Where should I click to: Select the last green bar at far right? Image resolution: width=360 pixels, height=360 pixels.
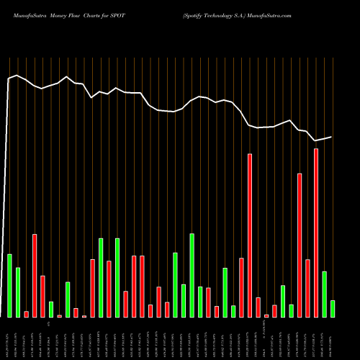pyautogui.click(x=333, y=309)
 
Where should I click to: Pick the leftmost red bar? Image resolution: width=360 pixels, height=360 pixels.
pyautogui.click(x=26, y=314)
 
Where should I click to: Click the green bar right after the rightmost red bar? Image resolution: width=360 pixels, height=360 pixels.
pyautogui.click(x=325, y=294)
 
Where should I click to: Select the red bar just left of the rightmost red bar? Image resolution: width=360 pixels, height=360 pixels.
pyautogui.click(x=308, y=288)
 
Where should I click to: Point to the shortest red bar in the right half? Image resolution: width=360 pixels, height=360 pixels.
pyautogui.click(x=266, y=315)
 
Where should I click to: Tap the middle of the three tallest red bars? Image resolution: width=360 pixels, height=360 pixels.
pyautogui.click(x=300, y=246)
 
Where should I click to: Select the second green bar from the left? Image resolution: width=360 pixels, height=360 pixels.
pyautogui.click(x=18, y=292)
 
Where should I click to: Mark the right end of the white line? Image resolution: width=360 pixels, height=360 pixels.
pyautogui.click(x=332, y=137)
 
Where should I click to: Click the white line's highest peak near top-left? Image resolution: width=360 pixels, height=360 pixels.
pyautogui.click(x=17, y=75)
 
